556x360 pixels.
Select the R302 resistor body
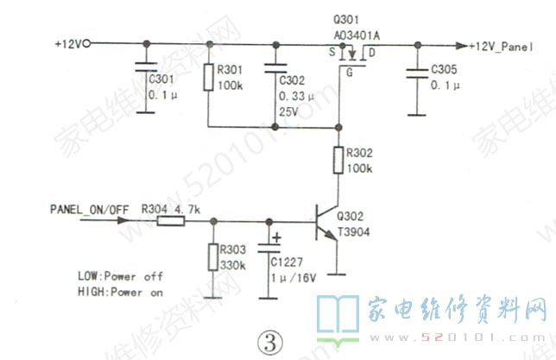pyautogui.click(x=338, y=161)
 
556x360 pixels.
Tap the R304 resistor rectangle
pyautogui.click(x=170, y=222)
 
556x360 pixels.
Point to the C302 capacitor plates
pyautogui.click(x=275, y=68)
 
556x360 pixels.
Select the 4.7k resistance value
pyautogui.click(x=186, y=209)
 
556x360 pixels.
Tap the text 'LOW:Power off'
pyautogui.click(x=119, y=276)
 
